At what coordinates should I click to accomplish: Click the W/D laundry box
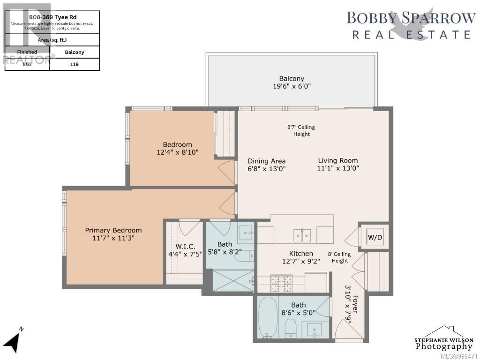click(x=375, y=238)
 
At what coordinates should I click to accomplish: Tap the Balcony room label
click(x=292, y=79)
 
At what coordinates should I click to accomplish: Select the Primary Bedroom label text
click(x=113, y=230)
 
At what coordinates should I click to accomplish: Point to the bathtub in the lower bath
click(x=268, y=318)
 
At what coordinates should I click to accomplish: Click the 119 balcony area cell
click(x=75, y=64)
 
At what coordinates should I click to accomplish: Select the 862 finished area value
click(x=27, y=64)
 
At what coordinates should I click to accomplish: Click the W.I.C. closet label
click(x=186, y=247)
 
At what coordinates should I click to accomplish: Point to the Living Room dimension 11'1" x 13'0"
click(x=338, y=168)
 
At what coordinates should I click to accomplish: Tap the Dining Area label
click(x=266, y=161)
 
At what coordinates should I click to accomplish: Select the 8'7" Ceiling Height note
click(x=301, y=130)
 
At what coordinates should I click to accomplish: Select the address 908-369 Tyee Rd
click(x=52, y=17)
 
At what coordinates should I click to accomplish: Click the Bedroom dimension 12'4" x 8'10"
click(x=178, y=152)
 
